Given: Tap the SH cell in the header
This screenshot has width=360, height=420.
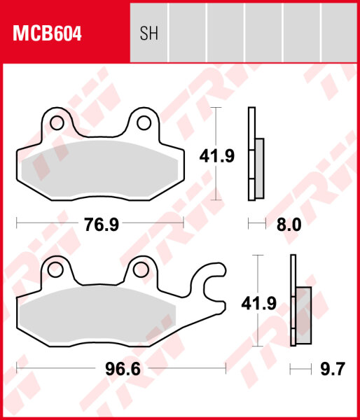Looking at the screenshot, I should (x=148, y=34).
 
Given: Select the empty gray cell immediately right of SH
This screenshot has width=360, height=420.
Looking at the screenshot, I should (x=187, y=32).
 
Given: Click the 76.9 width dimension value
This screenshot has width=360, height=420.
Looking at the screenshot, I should (x=102, y=225).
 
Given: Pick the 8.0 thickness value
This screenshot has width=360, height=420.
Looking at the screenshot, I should (x=289, y=225).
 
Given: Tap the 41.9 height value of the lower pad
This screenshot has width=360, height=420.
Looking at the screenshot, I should (x=256, y=302).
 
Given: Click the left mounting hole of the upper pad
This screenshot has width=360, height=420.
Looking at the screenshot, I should (x=56, y=123).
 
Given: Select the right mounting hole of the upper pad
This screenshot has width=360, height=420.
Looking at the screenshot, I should (x=144, y=123).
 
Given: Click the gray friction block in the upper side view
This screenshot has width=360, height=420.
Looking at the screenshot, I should (x=259, y=168).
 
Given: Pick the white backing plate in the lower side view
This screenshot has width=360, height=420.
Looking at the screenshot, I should (x=293, y=301).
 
